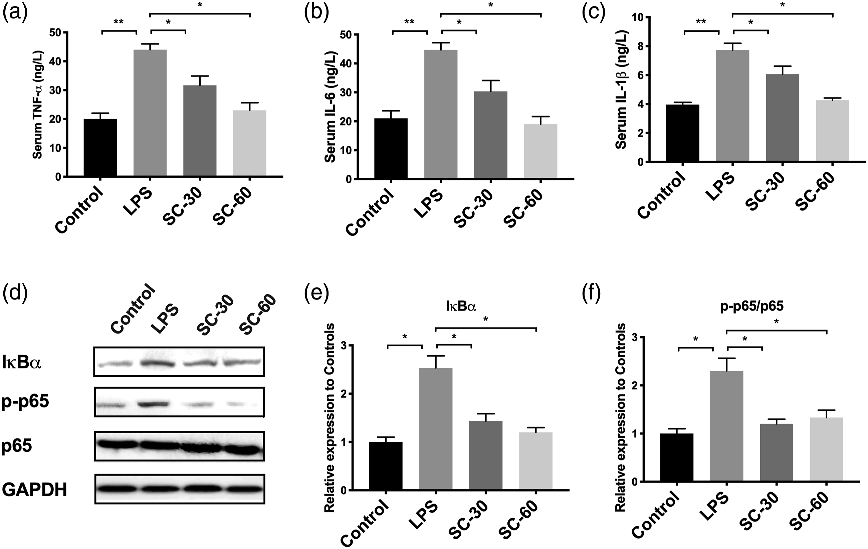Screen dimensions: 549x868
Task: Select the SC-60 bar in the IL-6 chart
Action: click(x=540, y=151)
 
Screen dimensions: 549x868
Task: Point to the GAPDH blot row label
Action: click(x=35, y=490)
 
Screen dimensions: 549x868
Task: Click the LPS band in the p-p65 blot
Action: click(x=154, y=404)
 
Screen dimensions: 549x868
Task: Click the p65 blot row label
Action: click(x=17, y=446)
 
